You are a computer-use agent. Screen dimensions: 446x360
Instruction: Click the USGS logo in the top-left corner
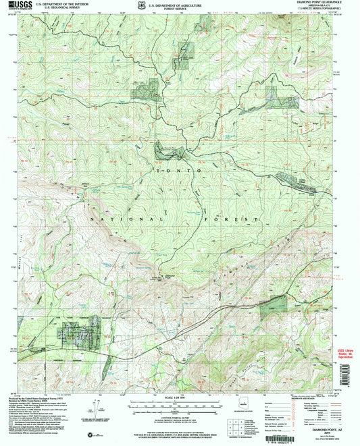click(x=21, y=6)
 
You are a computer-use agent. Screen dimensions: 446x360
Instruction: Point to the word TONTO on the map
click(x=179, y=172)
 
